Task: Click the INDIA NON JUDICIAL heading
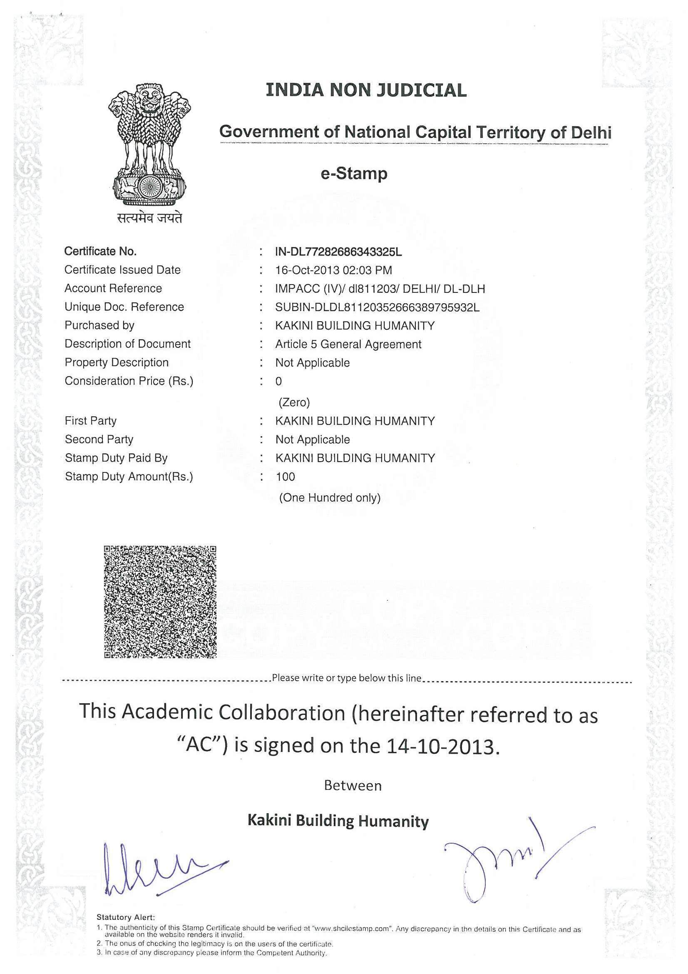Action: [x=366, y=90]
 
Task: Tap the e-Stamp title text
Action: [x=354, y=173]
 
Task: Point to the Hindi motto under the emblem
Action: [x=149, y=217]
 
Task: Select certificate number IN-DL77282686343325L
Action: [x=338, y=252]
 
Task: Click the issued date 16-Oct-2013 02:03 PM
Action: [x=334, y=270]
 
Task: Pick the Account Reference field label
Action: [x=113, y=288]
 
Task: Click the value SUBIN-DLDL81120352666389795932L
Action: [x=377, y=307]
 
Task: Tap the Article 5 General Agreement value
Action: [x=348, y=344]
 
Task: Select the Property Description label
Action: [x=117, y=362]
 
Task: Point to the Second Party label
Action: [x=99, y=439]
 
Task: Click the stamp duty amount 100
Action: [x=285, y=477]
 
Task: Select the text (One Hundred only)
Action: [x=329, y=497]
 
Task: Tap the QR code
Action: [x=160, y=602]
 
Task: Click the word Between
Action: [x=353, y=786]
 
